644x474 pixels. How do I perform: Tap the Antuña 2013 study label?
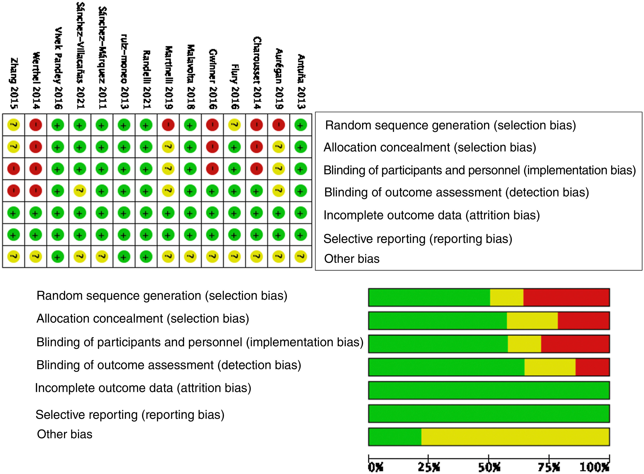tap(301, 82)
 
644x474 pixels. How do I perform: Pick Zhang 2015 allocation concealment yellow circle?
tap(13, 147)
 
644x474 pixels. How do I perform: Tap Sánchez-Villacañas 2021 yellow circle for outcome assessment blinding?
tap(80, 191)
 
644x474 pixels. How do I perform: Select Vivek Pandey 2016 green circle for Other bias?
tap(57, 257)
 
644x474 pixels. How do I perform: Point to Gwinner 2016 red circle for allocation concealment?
tap(212, 147)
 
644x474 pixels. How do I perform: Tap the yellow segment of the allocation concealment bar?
tap(532, 321)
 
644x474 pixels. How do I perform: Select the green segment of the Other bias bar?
tap(395, 437)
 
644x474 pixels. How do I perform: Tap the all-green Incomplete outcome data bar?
tap(489, 390)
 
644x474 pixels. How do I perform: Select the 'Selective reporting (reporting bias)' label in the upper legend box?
tap(418, 239)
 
